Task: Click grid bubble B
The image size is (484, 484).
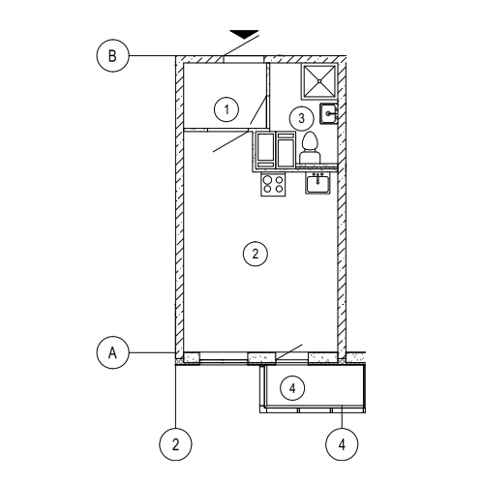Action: pyautogui.click(x=112, y=55)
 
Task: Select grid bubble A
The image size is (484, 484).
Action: pyautogui.click(x=112, y=352)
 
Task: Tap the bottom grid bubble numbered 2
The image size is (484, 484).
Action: pyautogui.click(x=175, y=444)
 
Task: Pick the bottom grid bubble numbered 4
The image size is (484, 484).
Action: pyautogui.click(x=342, y=444)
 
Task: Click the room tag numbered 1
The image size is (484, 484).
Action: pyautogui.click(x=227, y=109)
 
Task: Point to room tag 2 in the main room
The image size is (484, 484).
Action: pyautogui.click(x=256, y=254)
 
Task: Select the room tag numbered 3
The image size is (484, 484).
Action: pyautogui.click(x=301, y=118)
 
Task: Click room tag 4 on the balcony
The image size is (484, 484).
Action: pyautogui.click(x=292, y=388)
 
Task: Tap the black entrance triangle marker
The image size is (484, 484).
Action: pyautogui.click(x=244, y=34)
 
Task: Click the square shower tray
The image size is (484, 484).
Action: pyautogui.click(x=319, y=81)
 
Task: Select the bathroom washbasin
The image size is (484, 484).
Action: pyautogui.click(x=329, y=113)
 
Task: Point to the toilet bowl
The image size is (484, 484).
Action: pyautogui.click(x=310, y=141)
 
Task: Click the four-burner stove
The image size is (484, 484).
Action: pyautogui.click(x=273, y=184)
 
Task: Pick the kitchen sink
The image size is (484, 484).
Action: pyautogui.click(x=318, y=183)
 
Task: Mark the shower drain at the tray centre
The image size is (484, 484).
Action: pyautogui.click(x=319, y=81)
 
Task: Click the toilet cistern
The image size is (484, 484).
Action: pyautogui.click(x=310, y=157)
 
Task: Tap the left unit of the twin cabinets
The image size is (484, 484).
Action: pyautogui.click(x=266, y=150)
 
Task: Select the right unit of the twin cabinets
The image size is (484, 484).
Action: pyautogui.click(x=286, y=150)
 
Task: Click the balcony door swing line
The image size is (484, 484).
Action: pyautogui.click(x=288, y=352)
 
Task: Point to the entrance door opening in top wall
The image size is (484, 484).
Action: pyautogui.click(x=244, y=59)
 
